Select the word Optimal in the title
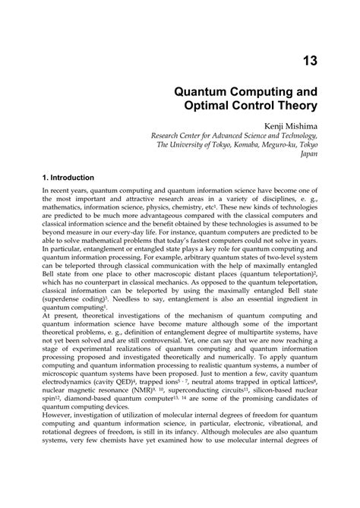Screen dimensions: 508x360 click(x=211, y=107)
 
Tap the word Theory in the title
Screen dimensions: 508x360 click(x=294, y=107)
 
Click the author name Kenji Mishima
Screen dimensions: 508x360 click(x=291, y=131)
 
